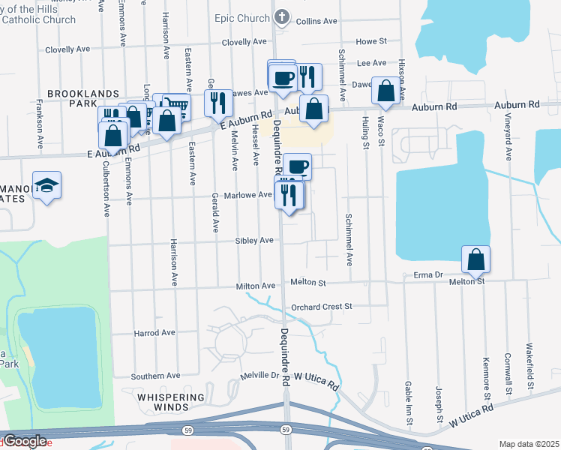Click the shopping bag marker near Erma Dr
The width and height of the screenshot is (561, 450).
(475, 259)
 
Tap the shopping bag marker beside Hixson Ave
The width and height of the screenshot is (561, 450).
(385, 91)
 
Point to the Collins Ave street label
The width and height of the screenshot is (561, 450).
(314, 22)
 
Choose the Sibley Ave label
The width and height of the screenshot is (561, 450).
(254, 241)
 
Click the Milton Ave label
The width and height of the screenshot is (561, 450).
(256, 286)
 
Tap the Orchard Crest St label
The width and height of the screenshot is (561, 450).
(321, 306)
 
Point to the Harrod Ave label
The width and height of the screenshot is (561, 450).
(154, 332)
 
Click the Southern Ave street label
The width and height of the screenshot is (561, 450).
(156, 376)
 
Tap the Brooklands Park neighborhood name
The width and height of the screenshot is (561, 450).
(83, 98)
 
